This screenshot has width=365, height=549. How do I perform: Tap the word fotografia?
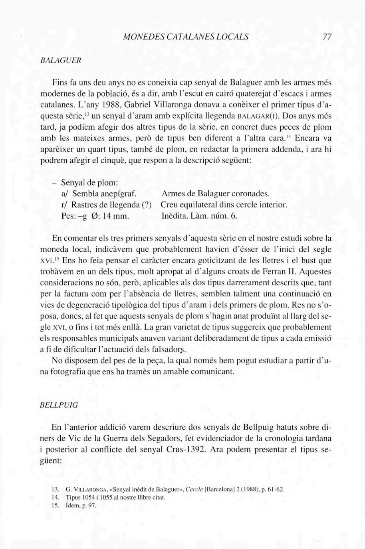click(x=67, y=372)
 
